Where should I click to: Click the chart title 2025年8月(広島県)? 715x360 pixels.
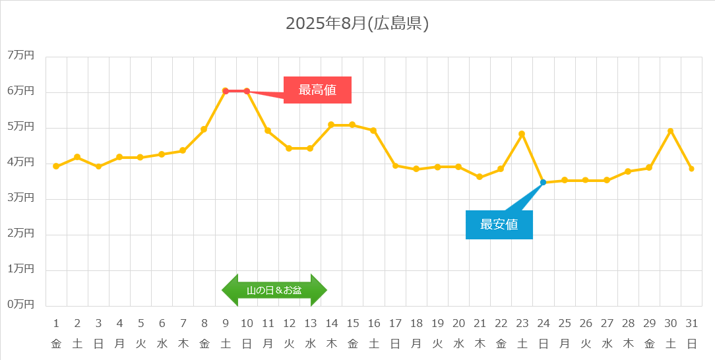(357, 24)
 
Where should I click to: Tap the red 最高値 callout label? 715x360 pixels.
(317, 90)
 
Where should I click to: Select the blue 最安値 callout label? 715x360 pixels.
(499, 224)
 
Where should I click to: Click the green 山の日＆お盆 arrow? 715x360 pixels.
(274, 290)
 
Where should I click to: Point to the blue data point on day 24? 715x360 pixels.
(543, 182)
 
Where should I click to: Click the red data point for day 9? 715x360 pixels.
(226, 91)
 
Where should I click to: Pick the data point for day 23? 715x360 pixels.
(522, 134)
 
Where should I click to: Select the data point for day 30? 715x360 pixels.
(670, 131)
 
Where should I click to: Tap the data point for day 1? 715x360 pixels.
(56, 166)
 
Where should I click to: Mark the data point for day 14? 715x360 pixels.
(331, 125)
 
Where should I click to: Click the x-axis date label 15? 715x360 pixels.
(352, 324)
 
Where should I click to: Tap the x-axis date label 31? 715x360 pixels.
(691, 324)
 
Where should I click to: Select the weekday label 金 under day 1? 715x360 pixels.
(56, 344)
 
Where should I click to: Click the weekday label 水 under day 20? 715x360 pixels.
(458, 344)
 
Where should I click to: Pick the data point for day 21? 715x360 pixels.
(480, 177)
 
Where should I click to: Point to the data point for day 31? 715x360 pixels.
(691, 169)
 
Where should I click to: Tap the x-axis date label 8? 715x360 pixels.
(204, 324)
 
